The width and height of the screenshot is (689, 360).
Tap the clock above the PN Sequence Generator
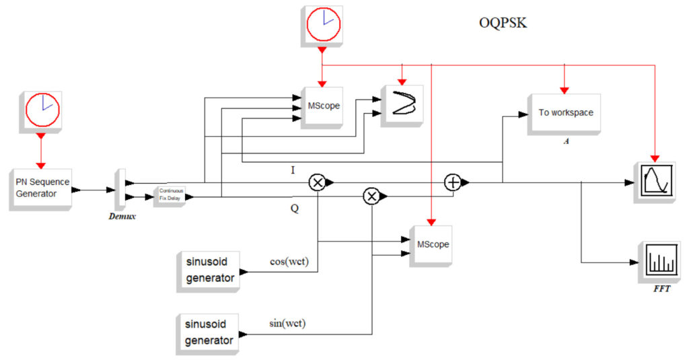42,110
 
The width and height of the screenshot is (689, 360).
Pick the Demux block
120,189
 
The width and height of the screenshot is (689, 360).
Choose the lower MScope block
430,245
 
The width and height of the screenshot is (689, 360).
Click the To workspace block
565,112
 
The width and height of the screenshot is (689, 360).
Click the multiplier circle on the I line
317,182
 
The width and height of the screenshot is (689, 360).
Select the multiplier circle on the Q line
371,196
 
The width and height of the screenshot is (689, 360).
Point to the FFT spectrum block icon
658,261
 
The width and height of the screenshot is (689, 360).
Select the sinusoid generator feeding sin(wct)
209,333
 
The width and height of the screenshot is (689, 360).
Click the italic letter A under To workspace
566,143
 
